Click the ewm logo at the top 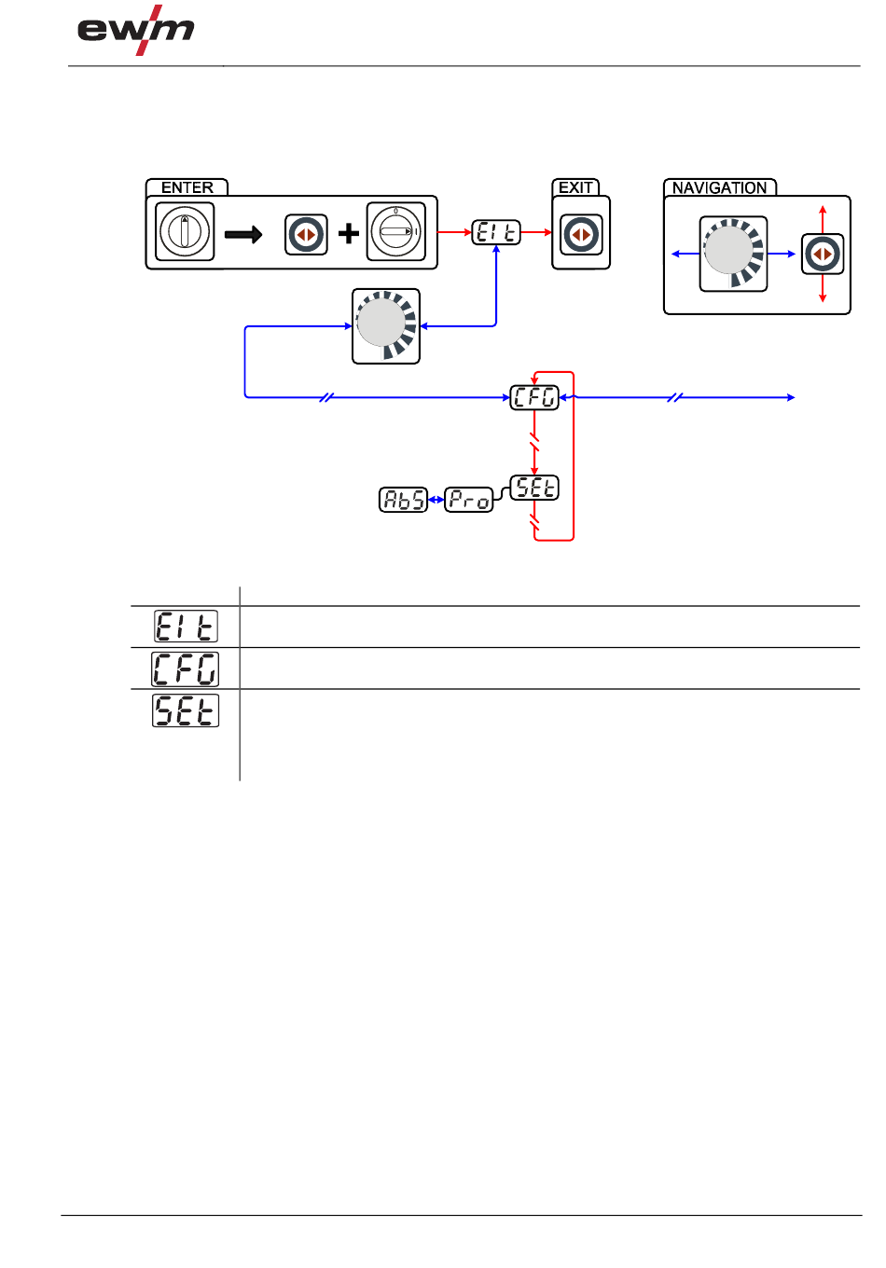click(x=136, y=30)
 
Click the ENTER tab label click(x=187, y=187)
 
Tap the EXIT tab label click(x=575, y=187)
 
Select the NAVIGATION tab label click(x=719, y=188)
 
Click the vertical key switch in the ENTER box click(x=185, y=231)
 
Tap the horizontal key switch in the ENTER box click(x=395, y=231)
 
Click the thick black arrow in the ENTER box click(x=243, y=234)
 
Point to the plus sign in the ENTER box click(x=349, y=233)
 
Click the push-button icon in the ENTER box click(x=306, y=234)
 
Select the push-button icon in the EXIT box click(x=581, y=234)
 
